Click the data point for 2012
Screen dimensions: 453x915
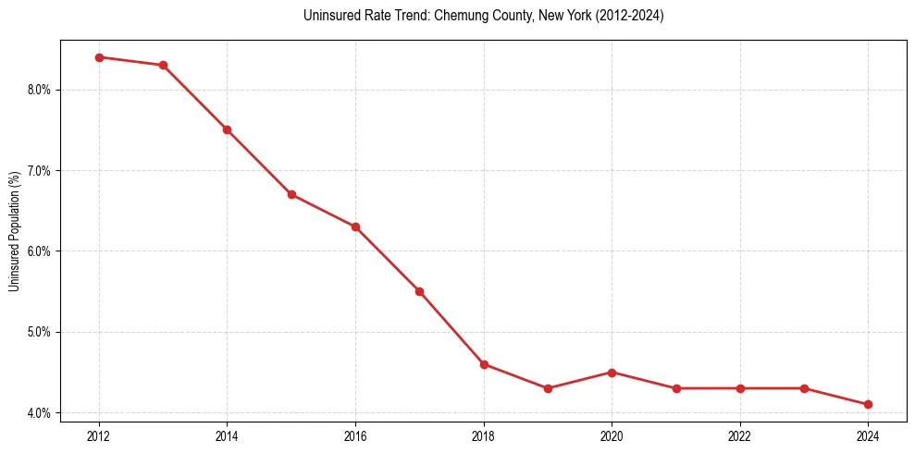coord(99,57)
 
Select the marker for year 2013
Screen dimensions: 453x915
coord(163,65)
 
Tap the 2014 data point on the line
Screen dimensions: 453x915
coord(227,129)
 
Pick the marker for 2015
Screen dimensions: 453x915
coord(291,194)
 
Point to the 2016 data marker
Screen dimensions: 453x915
coord(355,226)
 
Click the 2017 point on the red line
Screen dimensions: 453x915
coord(419,291)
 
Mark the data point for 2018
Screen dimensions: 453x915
coord(484,364)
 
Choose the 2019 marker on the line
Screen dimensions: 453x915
coord(548,388)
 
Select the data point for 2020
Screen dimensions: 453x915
coord(612,373)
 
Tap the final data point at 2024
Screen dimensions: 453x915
coord(868,404)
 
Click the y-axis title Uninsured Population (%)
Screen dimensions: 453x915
coord(15,231)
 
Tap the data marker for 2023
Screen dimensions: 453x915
coord(804,388)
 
